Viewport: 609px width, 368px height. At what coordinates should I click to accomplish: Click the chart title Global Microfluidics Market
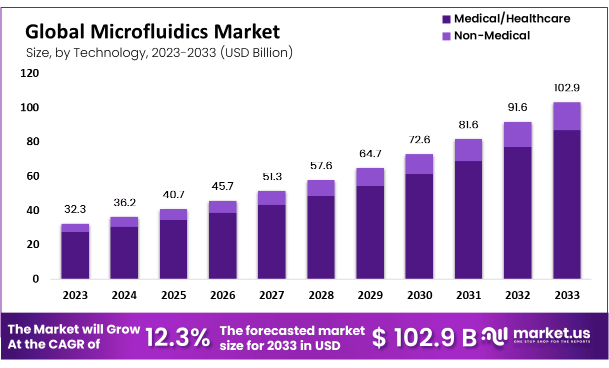[152, 32]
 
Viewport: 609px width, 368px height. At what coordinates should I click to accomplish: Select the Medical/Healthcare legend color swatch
[446, 19]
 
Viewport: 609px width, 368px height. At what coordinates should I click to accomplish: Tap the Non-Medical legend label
[491, 36]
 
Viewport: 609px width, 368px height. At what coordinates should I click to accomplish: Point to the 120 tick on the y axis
[29, 74]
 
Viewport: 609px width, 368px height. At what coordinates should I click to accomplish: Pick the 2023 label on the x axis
[75, 296]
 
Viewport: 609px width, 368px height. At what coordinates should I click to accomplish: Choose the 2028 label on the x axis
[321, 296]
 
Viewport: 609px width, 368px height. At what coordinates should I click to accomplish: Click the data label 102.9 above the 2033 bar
[566, 88]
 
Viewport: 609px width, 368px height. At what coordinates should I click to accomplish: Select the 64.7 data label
[370, 154]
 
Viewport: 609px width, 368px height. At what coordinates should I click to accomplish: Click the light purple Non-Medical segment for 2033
[566, 116]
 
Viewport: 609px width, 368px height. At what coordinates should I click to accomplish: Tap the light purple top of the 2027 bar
[271, 198]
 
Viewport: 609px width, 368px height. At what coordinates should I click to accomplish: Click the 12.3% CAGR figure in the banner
[177, 338]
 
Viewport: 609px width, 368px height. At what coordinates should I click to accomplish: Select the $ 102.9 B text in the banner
[424, 338]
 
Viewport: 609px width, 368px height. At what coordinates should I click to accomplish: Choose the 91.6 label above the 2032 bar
[517, 108]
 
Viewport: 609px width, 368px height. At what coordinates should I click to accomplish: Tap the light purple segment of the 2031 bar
[468, 150]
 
